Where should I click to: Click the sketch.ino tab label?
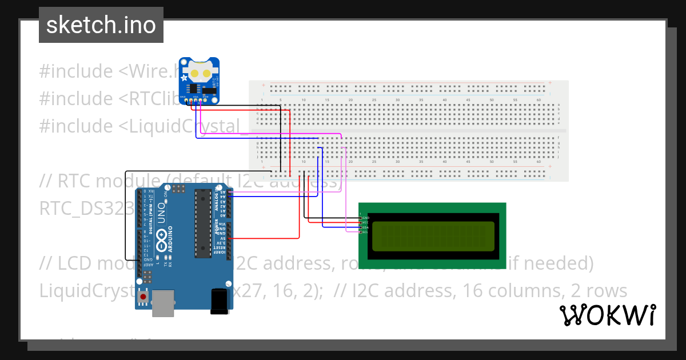pos(101,25)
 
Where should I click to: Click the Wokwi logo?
pos(608,315)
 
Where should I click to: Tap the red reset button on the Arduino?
pos(143,297)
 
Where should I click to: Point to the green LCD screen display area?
pos(433,236)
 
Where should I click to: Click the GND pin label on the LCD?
pos(366,218)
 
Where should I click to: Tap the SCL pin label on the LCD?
pos(365,232)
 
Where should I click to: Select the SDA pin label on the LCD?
pos(365,227)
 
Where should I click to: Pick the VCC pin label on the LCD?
pos(365,222)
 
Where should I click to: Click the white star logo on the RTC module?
pos(184,77)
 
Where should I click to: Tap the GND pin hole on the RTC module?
pos(186,101)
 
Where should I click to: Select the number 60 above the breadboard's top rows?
pos(539,101)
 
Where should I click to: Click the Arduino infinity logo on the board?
pos(162,239)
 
